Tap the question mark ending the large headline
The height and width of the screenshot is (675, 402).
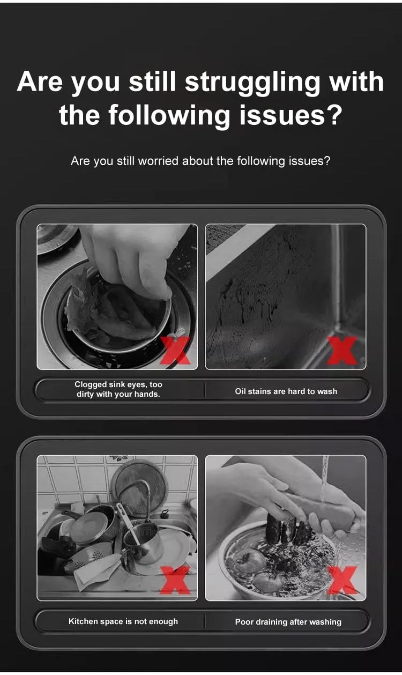click(333, 115)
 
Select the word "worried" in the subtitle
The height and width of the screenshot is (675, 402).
click(159, 161)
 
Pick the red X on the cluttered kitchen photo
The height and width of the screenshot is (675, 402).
click(175, 580)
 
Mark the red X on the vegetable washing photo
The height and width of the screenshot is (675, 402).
click(343, 580)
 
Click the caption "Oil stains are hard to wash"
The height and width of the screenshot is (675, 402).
click(286, 391)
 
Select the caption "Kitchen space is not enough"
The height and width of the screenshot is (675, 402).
click(123, 621)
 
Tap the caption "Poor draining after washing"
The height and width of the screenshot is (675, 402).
click(288, 622)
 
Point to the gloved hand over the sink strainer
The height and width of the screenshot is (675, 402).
click(132, 259)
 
